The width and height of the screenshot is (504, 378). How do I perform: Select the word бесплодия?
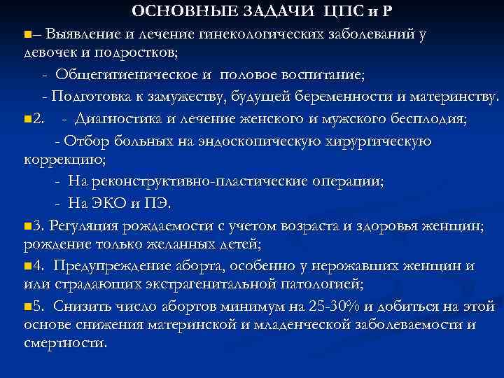tap(430, 118)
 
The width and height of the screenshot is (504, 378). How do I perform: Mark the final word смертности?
tap(65, 344)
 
